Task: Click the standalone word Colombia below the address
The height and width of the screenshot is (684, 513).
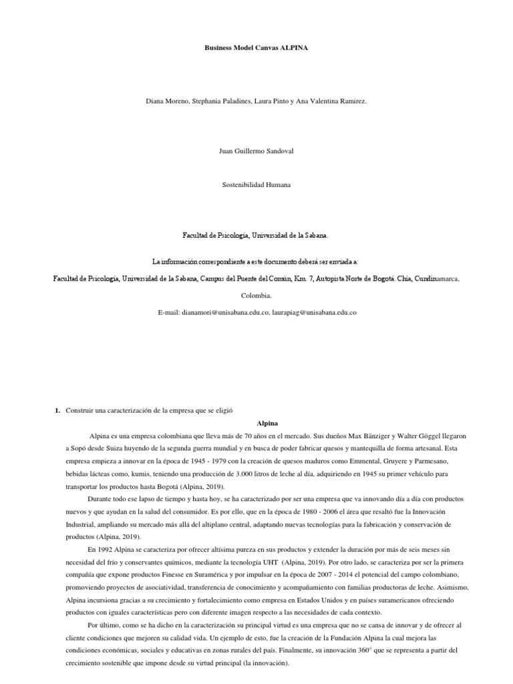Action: pos(256,295)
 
